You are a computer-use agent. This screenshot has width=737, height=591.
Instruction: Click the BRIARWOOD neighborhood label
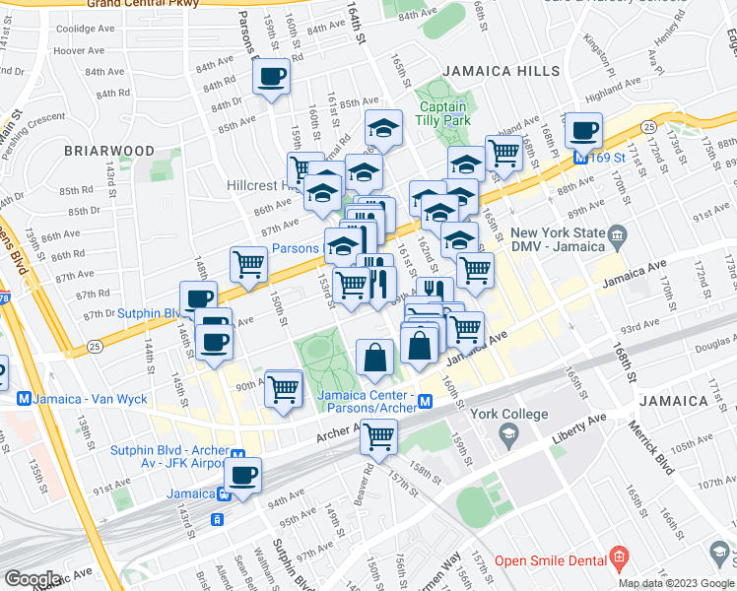(109, 151)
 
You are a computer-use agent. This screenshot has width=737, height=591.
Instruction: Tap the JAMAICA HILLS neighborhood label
(501, 72)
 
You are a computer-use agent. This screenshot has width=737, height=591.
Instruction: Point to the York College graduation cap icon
(508, 433)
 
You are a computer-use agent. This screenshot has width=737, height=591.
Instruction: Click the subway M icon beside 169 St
(580, 158)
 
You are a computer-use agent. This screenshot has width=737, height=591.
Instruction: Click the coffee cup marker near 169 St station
(583, 130)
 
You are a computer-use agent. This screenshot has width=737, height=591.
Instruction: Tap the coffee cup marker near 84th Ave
(272, 75)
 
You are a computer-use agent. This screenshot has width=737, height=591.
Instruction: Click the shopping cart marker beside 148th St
(248, 263)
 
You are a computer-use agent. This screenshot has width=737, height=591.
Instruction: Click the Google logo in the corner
(33, 578)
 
